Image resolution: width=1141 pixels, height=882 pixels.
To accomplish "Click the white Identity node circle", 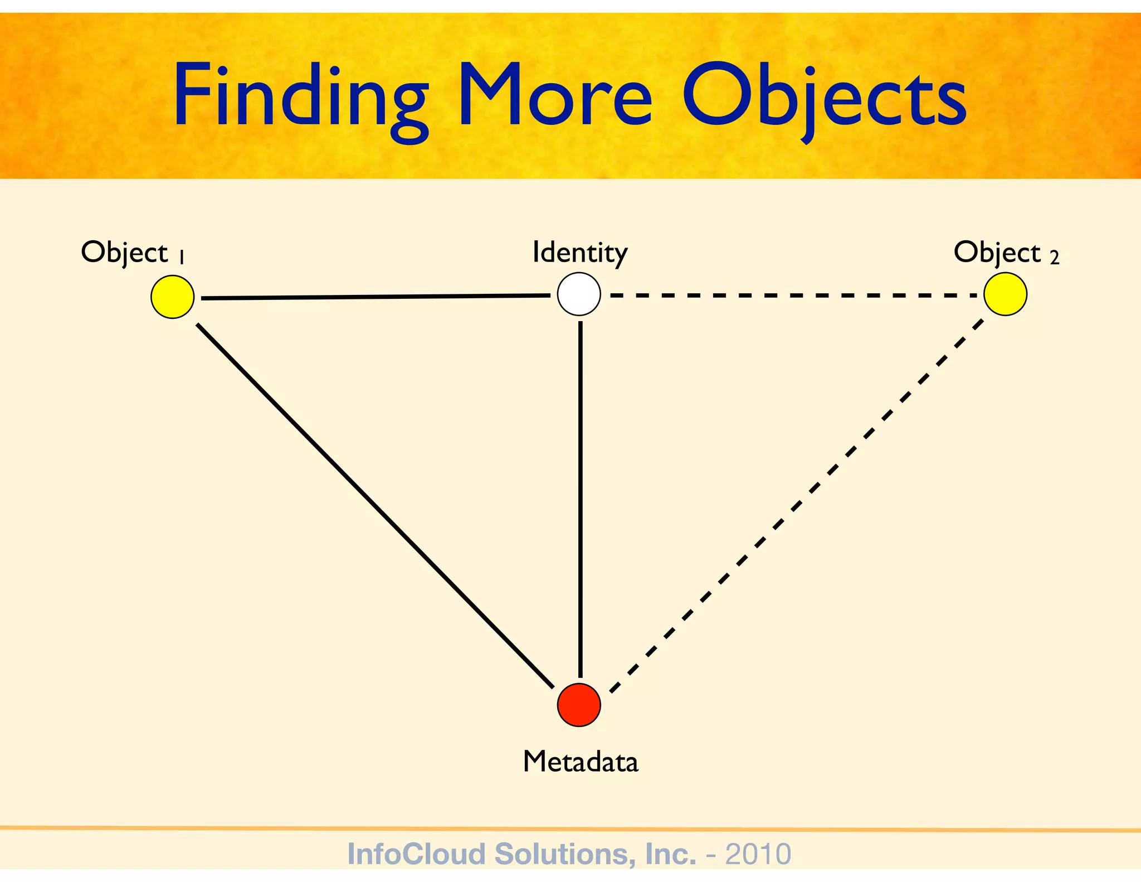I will click(x=579, y=294).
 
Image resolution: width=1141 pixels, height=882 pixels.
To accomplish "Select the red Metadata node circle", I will click(x=579, y=705).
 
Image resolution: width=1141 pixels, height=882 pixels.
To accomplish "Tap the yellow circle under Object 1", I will click(x=173, y=297).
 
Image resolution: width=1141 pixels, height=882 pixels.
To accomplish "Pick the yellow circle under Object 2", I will click(x=1005, y=294).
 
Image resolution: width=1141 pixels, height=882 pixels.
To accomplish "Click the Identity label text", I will click(x=579, y=253).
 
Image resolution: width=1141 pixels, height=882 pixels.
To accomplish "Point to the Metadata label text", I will click(x=581, y=762).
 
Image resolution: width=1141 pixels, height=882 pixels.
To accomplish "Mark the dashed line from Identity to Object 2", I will click(x=791, y=295).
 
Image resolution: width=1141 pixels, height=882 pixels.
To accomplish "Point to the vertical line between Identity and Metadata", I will click(x=581, y=499).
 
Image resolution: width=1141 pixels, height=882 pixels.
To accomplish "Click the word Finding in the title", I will click(x=301, y=98).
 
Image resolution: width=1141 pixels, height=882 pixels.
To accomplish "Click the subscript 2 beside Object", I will click(x=1054, y=258).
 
